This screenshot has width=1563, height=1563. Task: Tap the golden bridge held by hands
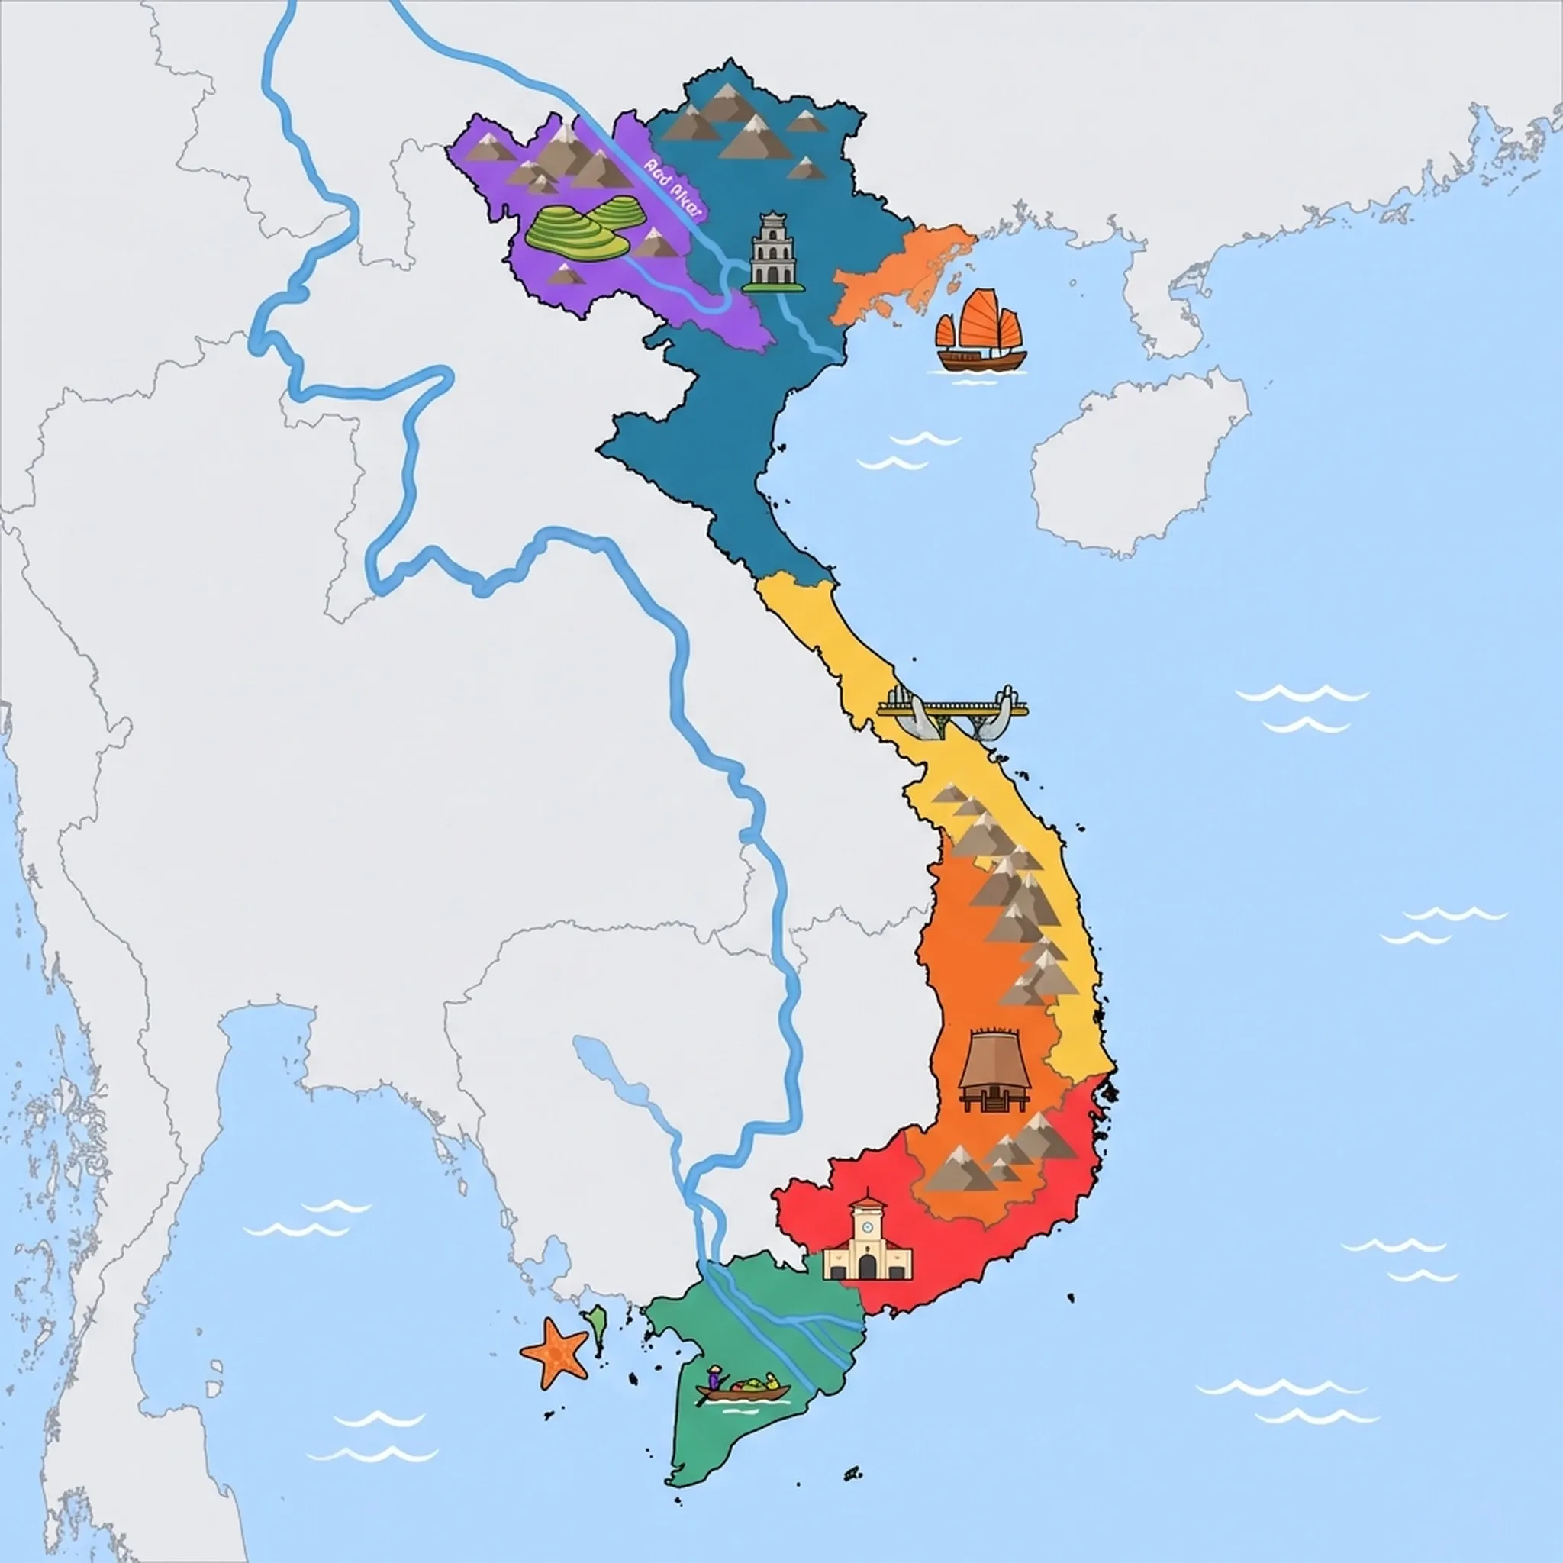point(952,711)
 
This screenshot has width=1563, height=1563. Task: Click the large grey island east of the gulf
point(1133,469)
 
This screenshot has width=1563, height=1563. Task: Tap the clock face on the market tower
point(867,1226)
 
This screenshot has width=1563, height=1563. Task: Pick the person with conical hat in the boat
point(714,1376)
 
